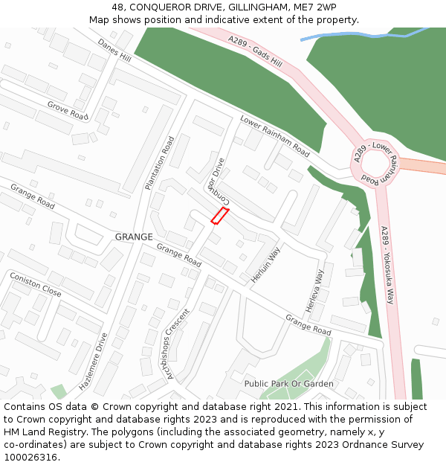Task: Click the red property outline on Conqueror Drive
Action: point(219,216)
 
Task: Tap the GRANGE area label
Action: point(134,237)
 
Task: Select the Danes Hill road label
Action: point(114,51)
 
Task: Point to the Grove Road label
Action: point(68,111)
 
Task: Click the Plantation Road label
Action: point(160,163)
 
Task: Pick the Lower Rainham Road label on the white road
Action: point(274,136)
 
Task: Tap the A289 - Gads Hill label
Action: point(256,53)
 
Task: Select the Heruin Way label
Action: point(264,265)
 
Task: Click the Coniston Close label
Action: point(36,284)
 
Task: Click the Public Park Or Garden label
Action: point(288,384)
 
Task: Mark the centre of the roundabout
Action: point(375,163)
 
